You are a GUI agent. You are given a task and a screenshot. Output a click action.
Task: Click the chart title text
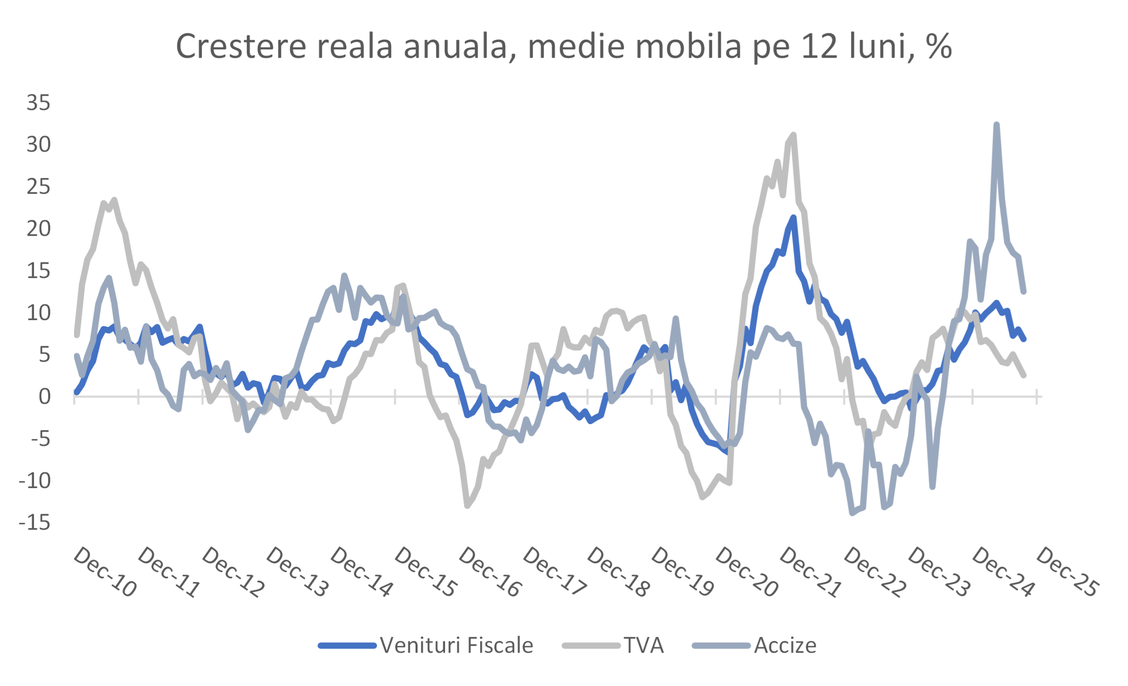[564, 47]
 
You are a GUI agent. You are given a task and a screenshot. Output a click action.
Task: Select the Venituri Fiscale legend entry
[426, 645]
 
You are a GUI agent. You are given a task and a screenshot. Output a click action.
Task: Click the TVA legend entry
[613, 645]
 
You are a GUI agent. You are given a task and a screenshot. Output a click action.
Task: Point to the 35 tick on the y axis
[38, 103]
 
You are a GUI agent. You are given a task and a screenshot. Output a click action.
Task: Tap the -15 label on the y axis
[35, 522]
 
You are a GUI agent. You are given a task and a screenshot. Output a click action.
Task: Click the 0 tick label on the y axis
[45, 397]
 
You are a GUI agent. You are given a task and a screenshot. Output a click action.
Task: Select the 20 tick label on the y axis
[38, 228]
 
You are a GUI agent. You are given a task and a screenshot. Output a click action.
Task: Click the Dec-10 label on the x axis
[104, 572]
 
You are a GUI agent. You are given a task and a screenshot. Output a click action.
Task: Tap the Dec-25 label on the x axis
[1066, 572]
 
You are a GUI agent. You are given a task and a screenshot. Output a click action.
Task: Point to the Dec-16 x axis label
[490, 572]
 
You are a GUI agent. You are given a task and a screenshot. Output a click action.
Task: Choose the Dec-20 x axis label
[746, 572]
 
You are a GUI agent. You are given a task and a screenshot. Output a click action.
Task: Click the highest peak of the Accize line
[997, 125]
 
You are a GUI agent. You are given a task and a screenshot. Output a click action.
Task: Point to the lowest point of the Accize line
[852, 513]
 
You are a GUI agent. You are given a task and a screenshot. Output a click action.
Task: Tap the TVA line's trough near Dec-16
[467, 506]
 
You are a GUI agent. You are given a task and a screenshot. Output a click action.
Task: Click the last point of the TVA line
[1024, 375]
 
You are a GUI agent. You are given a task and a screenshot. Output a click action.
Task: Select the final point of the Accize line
[1024, 291]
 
